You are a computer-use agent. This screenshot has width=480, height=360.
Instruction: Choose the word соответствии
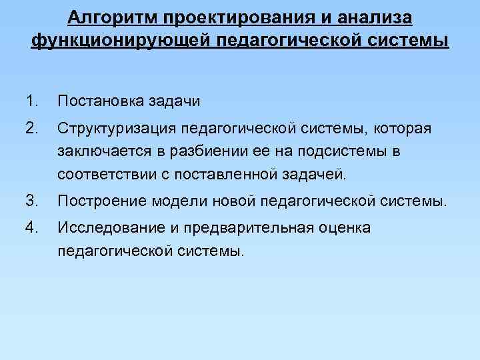click(x=104, y=176)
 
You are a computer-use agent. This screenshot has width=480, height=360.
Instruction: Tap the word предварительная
click(x=245, y=227)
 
